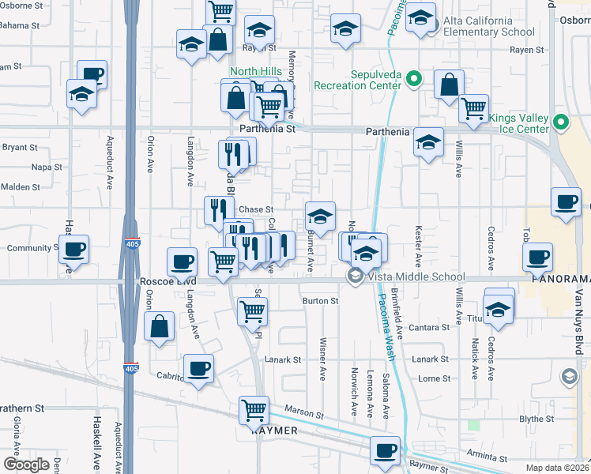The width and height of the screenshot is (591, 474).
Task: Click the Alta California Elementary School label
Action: point(489,27)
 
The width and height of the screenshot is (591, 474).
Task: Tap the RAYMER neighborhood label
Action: point(274,431)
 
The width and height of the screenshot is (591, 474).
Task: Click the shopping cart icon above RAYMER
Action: point(254,409)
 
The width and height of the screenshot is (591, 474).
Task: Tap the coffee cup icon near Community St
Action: point(73,250)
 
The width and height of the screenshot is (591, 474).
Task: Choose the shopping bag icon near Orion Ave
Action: point(160,325)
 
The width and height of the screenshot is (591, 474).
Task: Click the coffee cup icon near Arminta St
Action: point(385,450)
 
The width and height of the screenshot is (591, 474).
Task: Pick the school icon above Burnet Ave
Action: point(320,216)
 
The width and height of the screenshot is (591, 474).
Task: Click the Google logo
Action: point(26,464)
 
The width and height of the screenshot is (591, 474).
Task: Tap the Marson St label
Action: point(303,413)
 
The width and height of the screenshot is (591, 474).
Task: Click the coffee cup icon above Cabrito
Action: point(198,367)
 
